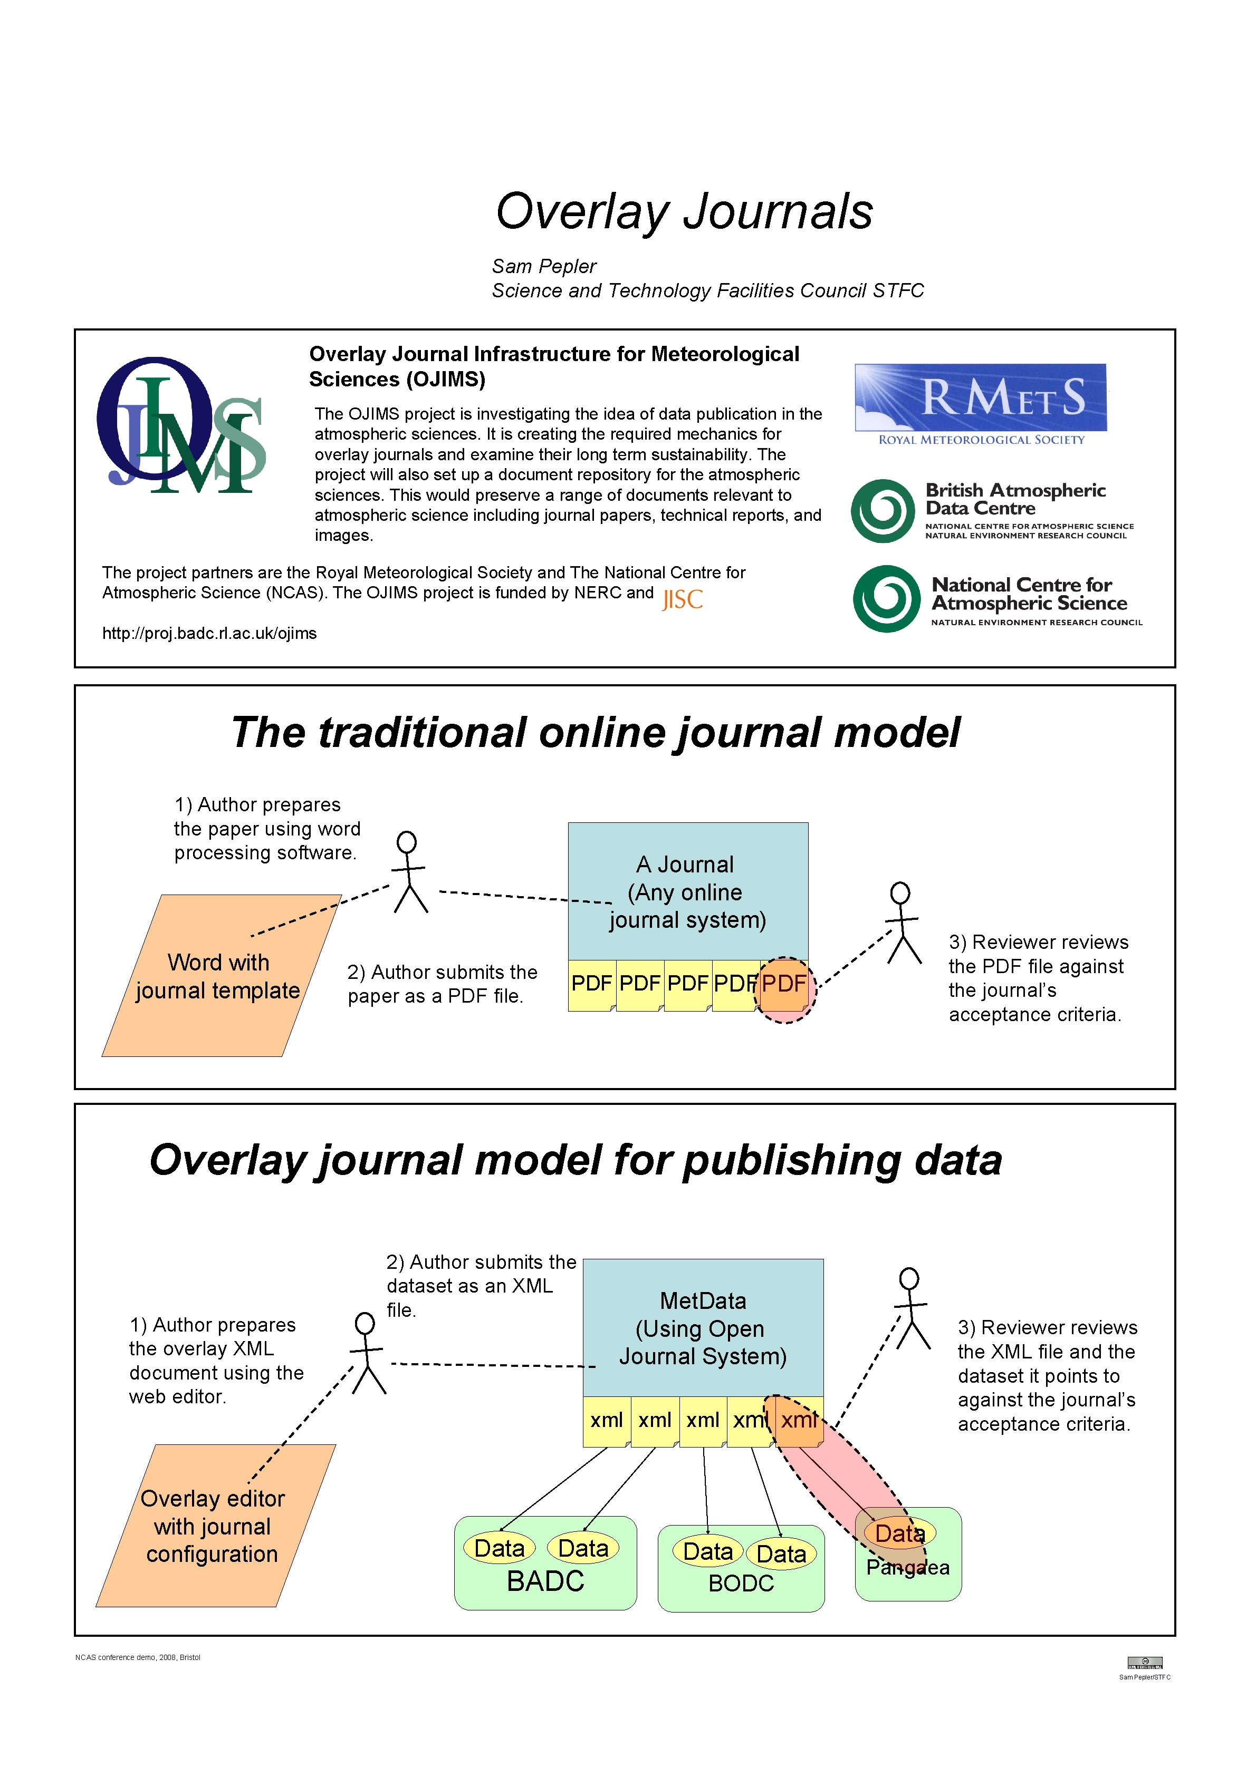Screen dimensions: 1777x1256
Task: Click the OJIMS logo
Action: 180,426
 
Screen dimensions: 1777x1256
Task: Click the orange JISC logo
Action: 682,599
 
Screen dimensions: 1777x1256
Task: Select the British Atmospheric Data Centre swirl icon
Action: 883,511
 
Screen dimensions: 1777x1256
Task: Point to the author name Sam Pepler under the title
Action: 543,266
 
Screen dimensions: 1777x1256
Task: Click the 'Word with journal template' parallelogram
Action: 220,976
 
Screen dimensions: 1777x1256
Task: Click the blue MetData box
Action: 702,1327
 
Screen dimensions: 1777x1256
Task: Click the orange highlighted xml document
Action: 798,1420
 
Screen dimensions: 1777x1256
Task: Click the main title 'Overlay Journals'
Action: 685,211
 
